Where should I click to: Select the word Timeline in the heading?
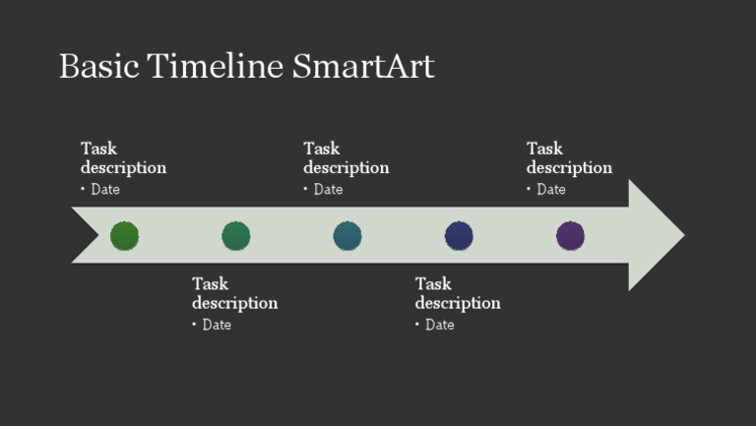pos(215,67)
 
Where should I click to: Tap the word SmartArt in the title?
pos(363,67)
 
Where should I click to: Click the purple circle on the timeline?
pos(570,236)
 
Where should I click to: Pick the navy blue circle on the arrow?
pos(459,236)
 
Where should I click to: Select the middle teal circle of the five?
pos(347,236)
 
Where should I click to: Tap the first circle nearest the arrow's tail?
pos(124,236)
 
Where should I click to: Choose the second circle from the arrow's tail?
pos(235,236)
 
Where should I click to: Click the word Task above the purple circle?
pos(544,149)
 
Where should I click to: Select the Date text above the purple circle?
pos(551,189)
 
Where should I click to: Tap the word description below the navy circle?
pos(458,303)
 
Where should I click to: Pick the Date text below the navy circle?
pos(440,325)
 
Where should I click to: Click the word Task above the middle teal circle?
pos(322,149)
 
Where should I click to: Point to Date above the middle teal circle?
pos(329,189)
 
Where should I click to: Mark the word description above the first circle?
pos(123,167)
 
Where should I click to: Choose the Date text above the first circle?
pos(105,189)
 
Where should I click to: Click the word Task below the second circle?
pos(210,284)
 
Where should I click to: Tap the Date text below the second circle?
pos(217,325)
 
